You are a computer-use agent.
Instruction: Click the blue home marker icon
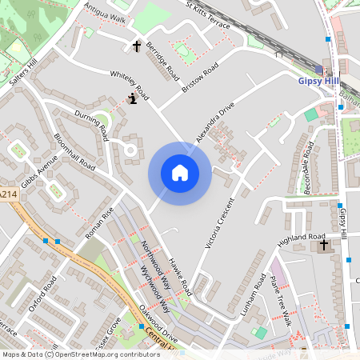pyautogui.click(x=179, y=173)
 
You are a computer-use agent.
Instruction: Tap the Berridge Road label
pyautogui.click(x=163, y=61)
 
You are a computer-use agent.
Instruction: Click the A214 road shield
pyautogui.click(x=8, y=194)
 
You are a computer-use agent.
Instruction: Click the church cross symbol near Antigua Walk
pyautogui.click(x=136, y=46)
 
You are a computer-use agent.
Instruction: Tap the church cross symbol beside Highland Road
pyautogui.click(x=324, y=246)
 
